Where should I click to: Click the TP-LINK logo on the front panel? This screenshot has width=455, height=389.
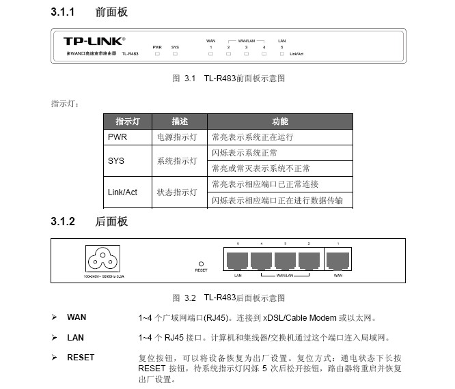click(95, 42)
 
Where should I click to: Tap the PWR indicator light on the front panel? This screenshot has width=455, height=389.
click(157, 53)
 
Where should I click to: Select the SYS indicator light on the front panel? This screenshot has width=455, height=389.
click(175, 53)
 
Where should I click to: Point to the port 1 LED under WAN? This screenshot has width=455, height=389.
click(211, 53)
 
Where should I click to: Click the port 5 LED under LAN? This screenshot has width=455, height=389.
click(281, 53)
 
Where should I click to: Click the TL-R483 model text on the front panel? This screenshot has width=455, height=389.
click(130, 53)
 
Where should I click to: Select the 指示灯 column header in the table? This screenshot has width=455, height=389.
click(127, 121)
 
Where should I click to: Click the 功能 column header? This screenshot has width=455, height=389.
click(280, 121)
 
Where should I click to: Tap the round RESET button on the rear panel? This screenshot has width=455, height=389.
click(201, 263)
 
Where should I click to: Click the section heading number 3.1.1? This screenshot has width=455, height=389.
click(62, 12)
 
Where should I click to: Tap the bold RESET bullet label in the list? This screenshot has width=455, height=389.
click(81, 357)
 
